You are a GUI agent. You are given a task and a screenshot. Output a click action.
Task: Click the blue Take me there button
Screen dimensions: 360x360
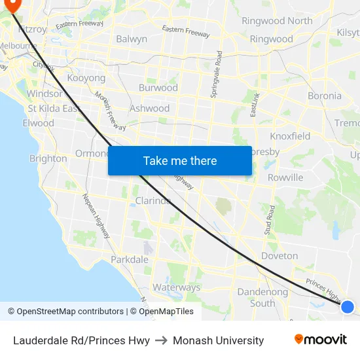[179, 160]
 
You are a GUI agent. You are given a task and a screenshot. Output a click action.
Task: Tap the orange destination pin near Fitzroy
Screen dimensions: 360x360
[12, 6]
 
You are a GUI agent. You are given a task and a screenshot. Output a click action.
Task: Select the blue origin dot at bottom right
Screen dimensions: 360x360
[348, 306]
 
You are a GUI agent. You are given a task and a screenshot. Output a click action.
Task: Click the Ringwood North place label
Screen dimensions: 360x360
[277, 21]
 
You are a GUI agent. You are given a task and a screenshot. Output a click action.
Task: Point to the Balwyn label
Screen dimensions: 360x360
[132, 39]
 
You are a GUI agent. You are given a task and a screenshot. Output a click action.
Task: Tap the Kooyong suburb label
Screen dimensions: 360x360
[86, 78]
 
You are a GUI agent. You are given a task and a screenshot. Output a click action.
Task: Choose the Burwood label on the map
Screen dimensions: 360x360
[158, 88]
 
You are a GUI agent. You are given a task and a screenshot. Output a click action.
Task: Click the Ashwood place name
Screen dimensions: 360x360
[150, 109]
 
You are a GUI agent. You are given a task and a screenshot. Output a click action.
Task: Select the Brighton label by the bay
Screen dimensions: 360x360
[48, 158]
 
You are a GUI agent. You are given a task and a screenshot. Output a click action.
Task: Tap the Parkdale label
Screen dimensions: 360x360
[130, 260]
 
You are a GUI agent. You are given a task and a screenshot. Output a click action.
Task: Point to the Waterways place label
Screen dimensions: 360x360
[177, 287]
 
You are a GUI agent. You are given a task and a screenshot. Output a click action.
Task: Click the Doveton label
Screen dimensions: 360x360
[279, 256]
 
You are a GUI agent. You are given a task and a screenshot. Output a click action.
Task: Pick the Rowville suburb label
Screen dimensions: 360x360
[285, 177]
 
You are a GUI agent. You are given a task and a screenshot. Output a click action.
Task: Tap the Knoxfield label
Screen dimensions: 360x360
[291, 136]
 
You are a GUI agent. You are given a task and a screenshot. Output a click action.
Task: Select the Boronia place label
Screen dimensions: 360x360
[325, 96]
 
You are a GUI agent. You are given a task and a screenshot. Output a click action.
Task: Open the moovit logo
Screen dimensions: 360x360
[321, 340]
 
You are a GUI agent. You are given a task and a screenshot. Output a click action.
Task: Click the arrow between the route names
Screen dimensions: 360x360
[161, 340]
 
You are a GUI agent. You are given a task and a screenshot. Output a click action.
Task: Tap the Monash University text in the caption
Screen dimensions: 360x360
[218, 340]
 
